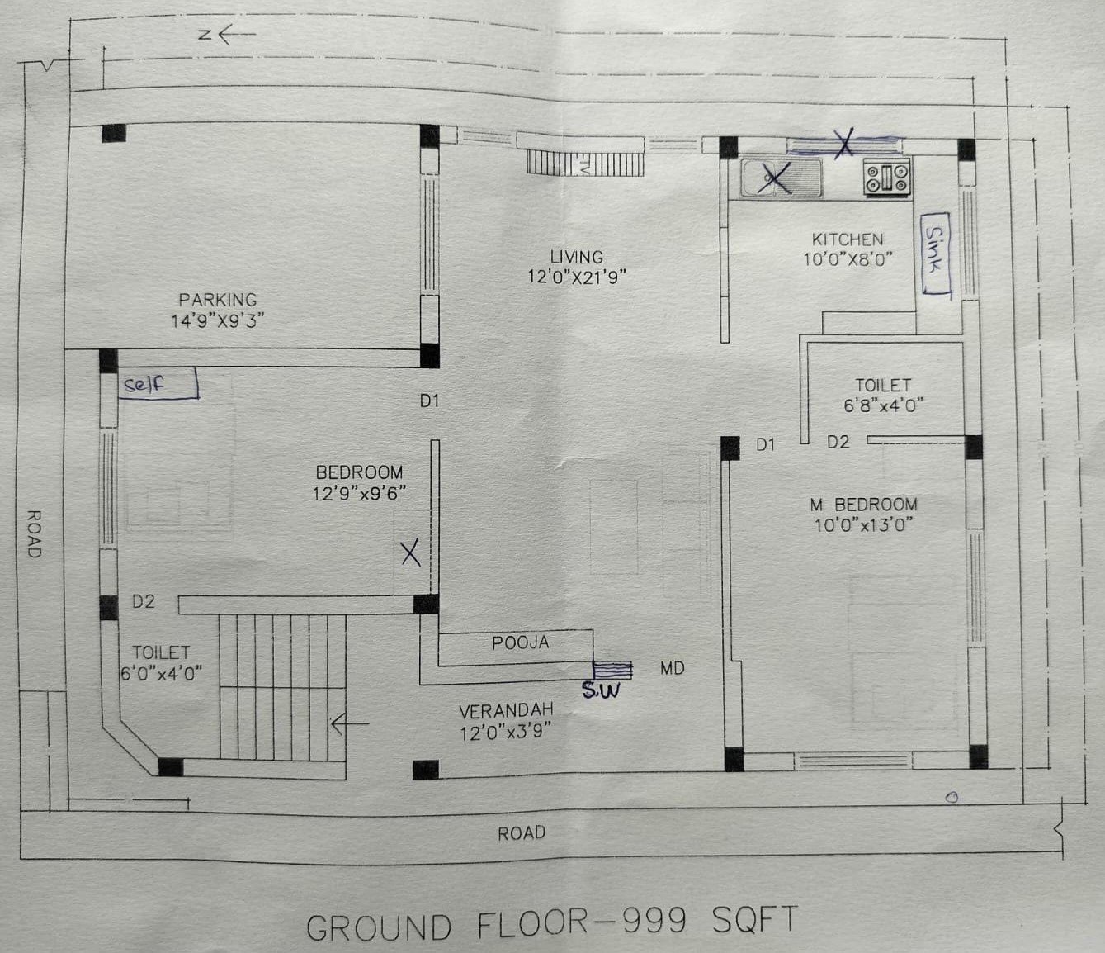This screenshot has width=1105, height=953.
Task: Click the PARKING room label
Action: coord(218,299)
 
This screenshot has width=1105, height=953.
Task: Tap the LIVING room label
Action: coord(576,258)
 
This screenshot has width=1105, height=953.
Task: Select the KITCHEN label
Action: coord(848,239)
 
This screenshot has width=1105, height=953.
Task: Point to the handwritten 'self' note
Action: coord(159,383)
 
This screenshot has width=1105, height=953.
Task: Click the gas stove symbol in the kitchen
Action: coord(887,177)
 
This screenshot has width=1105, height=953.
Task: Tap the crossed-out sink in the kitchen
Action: coord(781,177)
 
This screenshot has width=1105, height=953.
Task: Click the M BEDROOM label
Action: coord(863,505)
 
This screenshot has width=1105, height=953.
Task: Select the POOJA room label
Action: coord(520,642)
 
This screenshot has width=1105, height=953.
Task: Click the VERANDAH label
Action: coord(506,711)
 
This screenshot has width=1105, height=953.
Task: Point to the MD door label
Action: coord(672,668)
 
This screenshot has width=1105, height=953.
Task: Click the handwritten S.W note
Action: coord(601,691)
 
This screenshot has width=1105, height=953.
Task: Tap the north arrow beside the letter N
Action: coord(237,35)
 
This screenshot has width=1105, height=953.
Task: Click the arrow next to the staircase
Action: coord(350,724)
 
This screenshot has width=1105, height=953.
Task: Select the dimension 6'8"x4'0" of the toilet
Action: coord(883,405)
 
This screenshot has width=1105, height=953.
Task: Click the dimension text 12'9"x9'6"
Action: coord(359,493)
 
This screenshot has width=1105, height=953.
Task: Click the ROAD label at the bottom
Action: coord(522,833)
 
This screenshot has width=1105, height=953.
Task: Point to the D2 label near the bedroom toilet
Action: coord(144,602)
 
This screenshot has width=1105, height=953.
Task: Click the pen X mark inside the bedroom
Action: coord(411,553)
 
